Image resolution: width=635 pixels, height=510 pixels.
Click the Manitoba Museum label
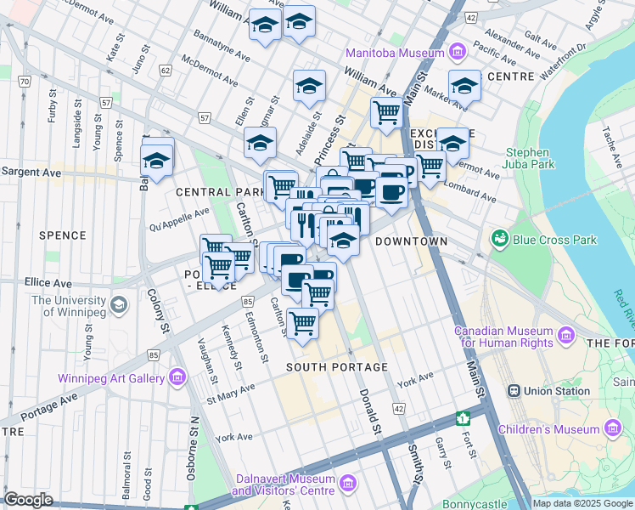[394, 53]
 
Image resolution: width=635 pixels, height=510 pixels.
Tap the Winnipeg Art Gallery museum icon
[177, 376]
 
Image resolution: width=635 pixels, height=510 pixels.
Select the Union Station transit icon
[514, 391]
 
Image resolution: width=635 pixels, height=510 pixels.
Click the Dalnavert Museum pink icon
[346, 484]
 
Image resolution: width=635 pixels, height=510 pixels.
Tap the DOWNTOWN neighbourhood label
[411, 241]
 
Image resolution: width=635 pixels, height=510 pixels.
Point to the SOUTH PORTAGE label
[337, 367]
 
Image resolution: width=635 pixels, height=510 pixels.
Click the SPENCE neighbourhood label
[62, 235]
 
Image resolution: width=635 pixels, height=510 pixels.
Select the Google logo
[29, 500]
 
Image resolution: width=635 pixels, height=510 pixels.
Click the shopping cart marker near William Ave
[386, 111]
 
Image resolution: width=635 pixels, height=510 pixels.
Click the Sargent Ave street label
[31, 172]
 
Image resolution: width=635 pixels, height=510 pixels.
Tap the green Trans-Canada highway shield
[463, 418]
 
